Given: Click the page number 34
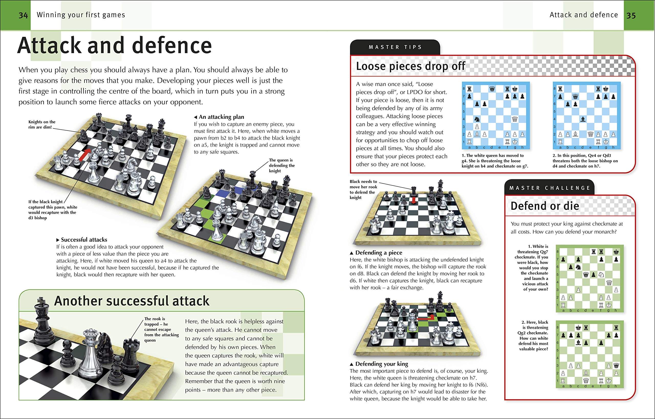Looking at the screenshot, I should tap(23, 15).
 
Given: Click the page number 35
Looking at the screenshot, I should tap(631, 15).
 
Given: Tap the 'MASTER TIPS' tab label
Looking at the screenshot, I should tap(395, 47).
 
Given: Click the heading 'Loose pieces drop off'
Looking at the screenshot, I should tap(410, 66).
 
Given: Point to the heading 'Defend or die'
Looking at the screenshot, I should tap(544, 206).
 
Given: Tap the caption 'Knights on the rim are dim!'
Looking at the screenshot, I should tap(42, 124).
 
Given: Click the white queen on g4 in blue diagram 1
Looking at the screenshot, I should tap(515, 119).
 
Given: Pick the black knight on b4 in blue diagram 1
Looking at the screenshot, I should tap(477, 119).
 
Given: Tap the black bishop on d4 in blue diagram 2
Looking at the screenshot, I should tap(583, 119).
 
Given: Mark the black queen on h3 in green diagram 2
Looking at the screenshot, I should tap(616, 365).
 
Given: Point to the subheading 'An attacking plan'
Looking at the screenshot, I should tap(221, 117).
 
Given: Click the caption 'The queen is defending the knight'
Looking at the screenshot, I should tap(281, 165).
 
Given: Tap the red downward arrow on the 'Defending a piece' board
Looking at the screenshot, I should tap(414, 200).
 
